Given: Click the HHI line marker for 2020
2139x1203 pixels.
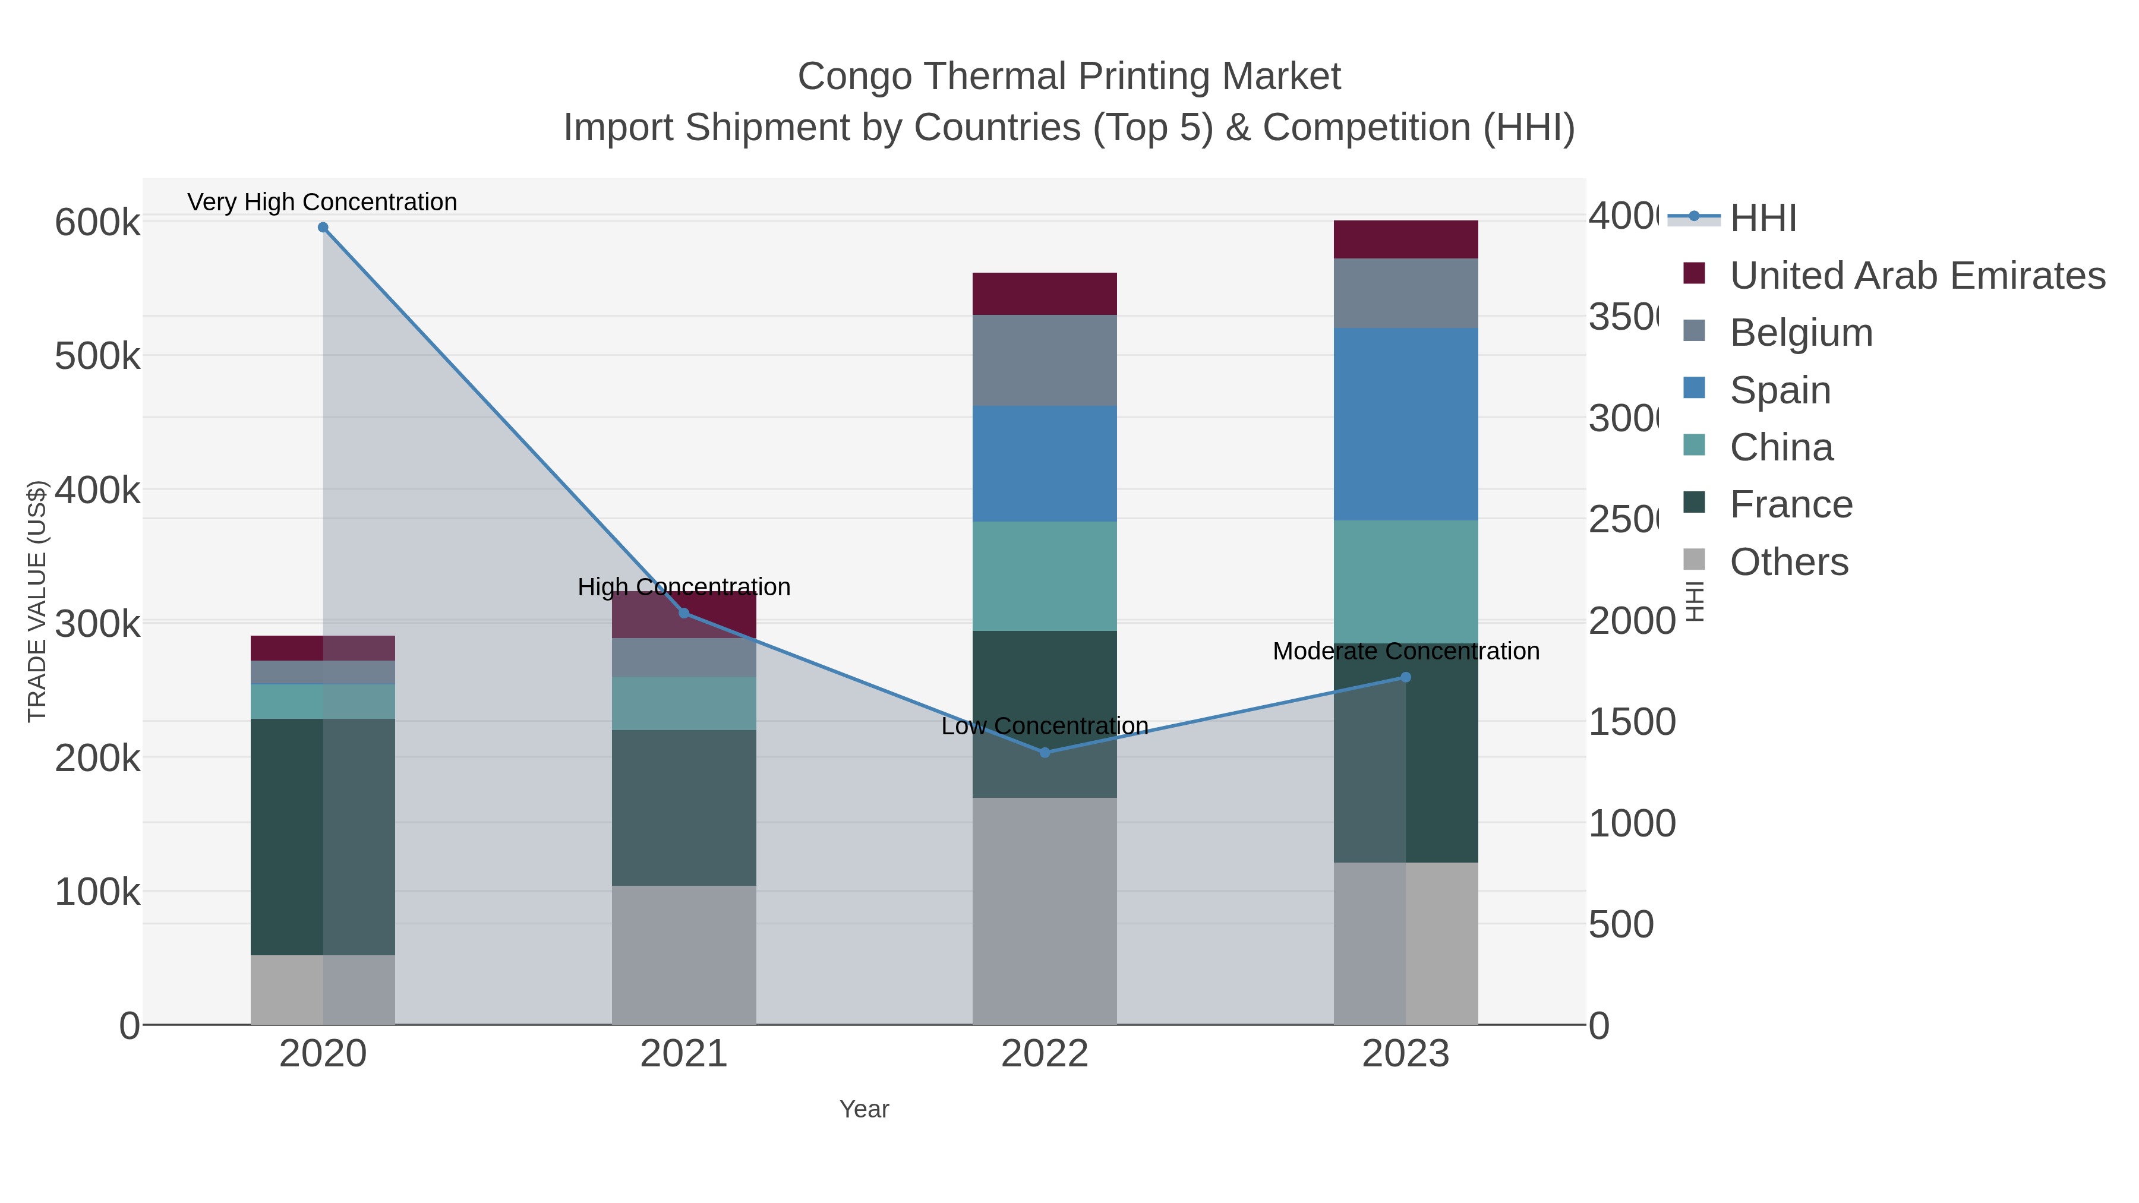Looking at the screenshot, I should (323, 228).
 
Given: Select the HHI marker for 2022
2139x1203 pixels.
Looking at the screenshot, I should (1045, 752).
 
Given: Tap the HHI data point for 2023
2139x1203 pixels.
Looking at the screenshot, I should (1406, 677).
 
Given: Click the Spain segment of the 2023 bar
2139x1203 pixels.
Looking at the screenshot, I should (1406, 424).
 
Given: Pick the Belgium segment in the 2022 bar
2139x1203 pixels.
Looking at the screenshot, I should (1045, 361).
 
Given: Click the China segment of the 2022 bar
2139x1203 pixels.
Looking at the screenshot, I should (1045, 576).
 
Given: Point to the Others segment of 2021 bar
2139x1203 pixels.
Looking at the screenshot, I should (683, 955).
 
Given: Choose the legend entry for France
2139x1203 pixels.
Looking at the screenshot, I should (1791, 505).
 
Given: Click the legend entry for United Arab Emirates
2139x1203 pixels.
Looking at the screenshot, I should (1916, 276).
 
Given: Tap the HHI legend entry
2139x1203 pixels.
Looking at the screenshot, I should (1763, 219).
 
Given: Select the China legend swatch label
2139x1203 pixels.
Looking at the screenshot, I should (1781, 447).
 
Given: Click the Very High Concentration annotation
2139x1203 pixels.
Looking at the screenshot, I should (322, 202).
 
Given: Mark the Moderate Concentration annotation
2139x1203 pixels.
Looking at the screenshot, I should (1406, 652).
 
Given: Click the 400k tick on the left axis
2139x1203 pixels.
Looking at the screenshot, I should (97, 491).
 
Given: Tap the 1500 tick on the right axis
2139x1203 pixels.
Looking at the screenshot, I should (1631, 722).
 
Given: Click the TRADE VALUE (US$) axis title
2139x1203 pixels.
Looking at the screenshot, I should (37, 601).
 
